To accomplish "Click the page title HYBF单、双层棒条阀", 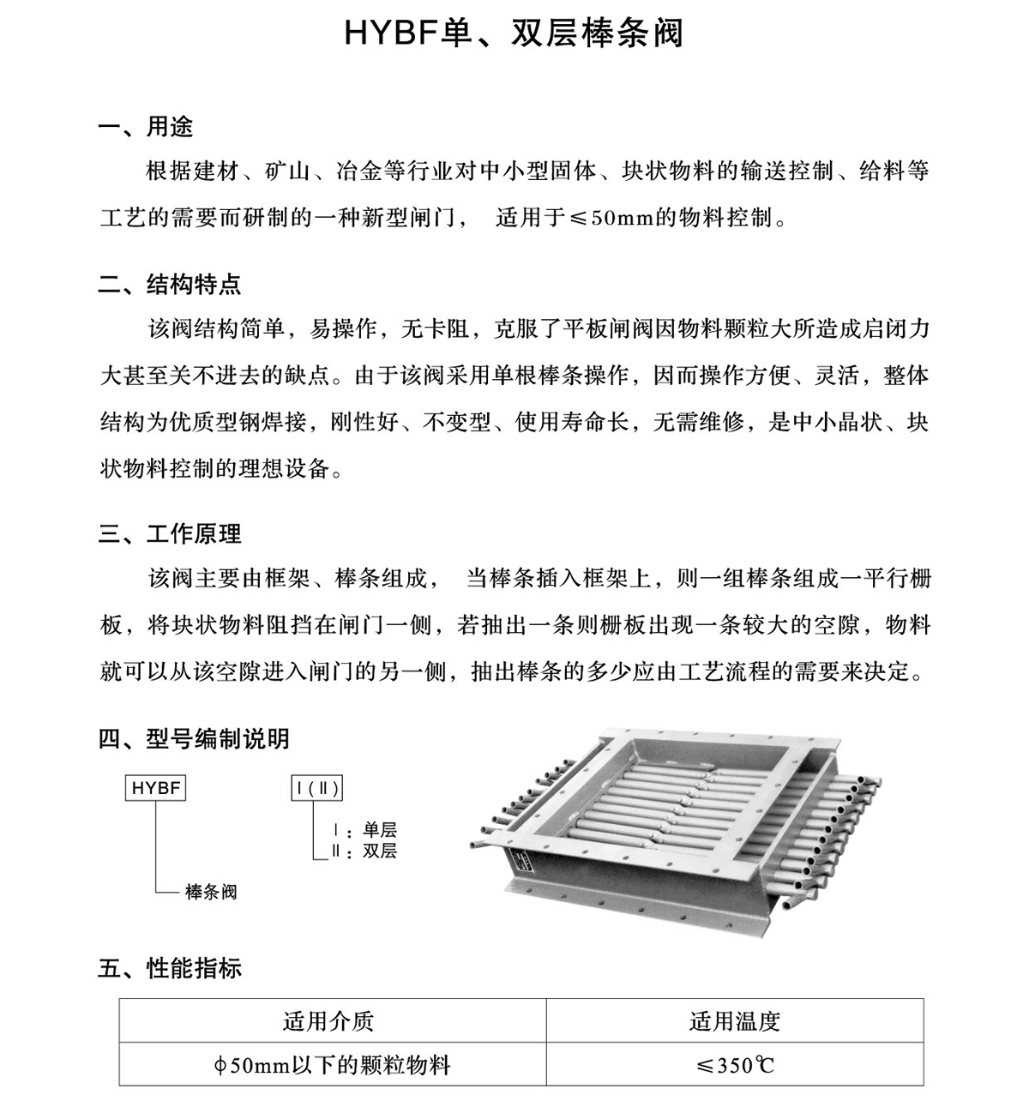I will [x=514, y=33].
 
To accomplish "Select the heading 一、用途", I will [x=146, y=127].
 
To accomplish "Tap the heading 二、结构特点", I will [x=170, y=284].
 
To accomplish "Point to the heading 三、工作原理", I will [x=170, y=534].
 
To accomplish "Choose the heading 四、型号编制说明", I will [x=194, y=738].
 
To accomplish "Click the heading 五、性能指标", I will [x=170, y=969].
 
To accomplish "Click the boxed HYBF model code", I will [x=156, y=788].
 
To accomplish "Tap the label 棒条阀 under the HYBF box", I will [x=211, y=893].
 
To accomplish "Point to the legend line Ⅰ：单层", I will [x=364, y=830].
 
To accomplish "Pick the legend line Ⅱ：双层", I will [x=364, y=851].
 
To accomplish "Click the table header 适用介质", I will [x=328, y=1021].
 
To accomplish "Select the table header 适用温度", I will [x=735, y=1021].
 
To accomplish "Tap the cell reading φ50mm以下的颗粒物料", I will [x=332, y=1066].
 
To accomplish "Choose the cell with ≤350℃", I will [x=735, y=1066].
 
